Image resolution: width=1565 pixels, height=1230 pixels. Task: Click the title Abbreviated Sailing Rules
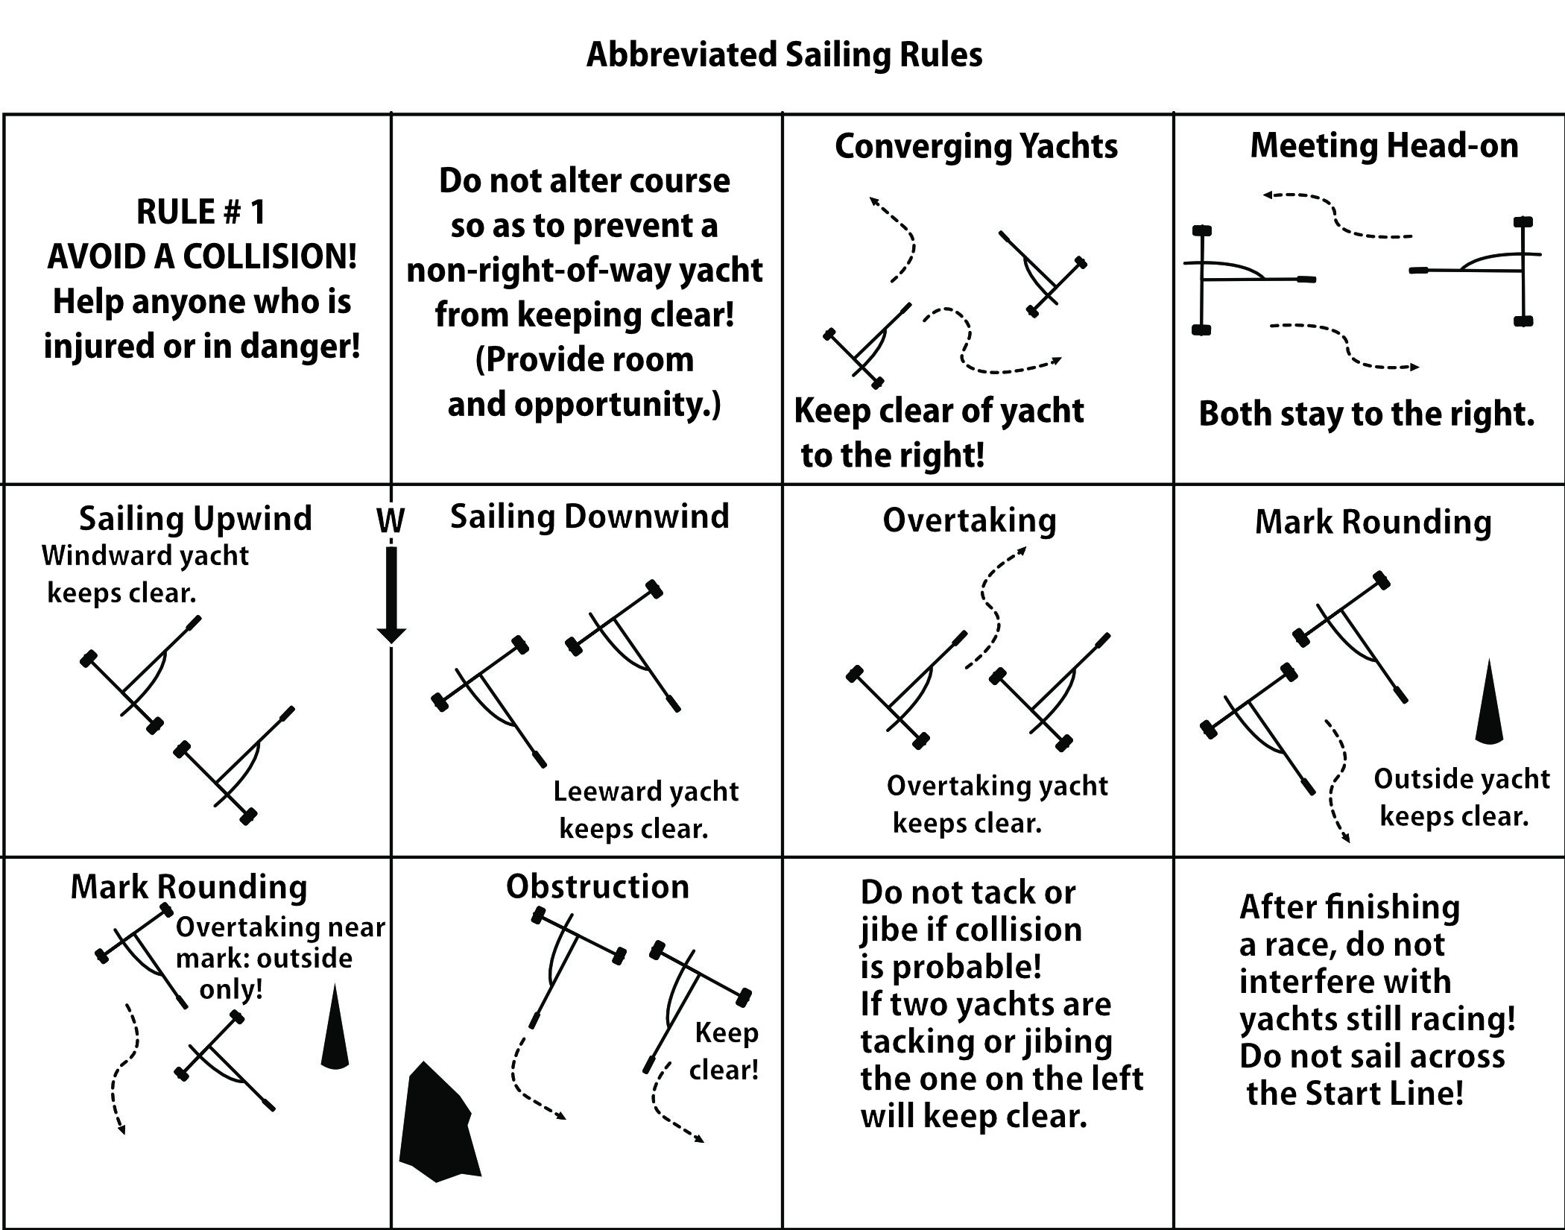784,55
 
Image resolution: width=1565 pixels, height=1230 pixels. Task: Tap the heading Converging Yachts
976,146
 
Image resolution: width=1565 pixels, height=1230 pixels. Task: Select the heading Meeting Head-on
1384,145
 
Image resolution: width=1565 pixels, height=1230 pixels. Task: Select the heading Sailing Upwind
195,519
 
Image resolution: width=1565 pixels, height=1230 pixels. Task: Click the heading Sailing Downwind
589,517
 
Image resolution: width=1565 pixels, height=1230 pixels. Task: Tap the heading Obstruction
598,887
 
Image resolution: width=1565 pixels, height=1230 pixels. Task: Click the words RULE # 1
201,212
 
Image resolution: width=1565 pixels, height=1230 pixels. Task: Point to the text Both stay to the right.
1366,414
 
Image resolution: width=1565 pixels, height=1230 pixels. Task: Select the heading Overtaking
970,520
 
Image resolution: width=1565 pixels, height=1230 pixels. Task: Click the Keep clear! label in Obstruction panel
724,1051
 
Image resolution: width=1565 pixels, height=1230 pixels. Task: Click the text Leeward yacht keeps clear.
645,810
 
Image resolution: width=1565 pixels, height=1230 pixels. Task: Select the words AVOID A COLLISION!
202,257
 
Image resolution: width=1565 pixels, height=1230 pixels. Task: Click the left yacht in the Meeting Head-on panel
1237,280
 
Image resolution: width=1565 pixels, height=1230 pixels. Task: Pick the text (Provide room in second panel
585,360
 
